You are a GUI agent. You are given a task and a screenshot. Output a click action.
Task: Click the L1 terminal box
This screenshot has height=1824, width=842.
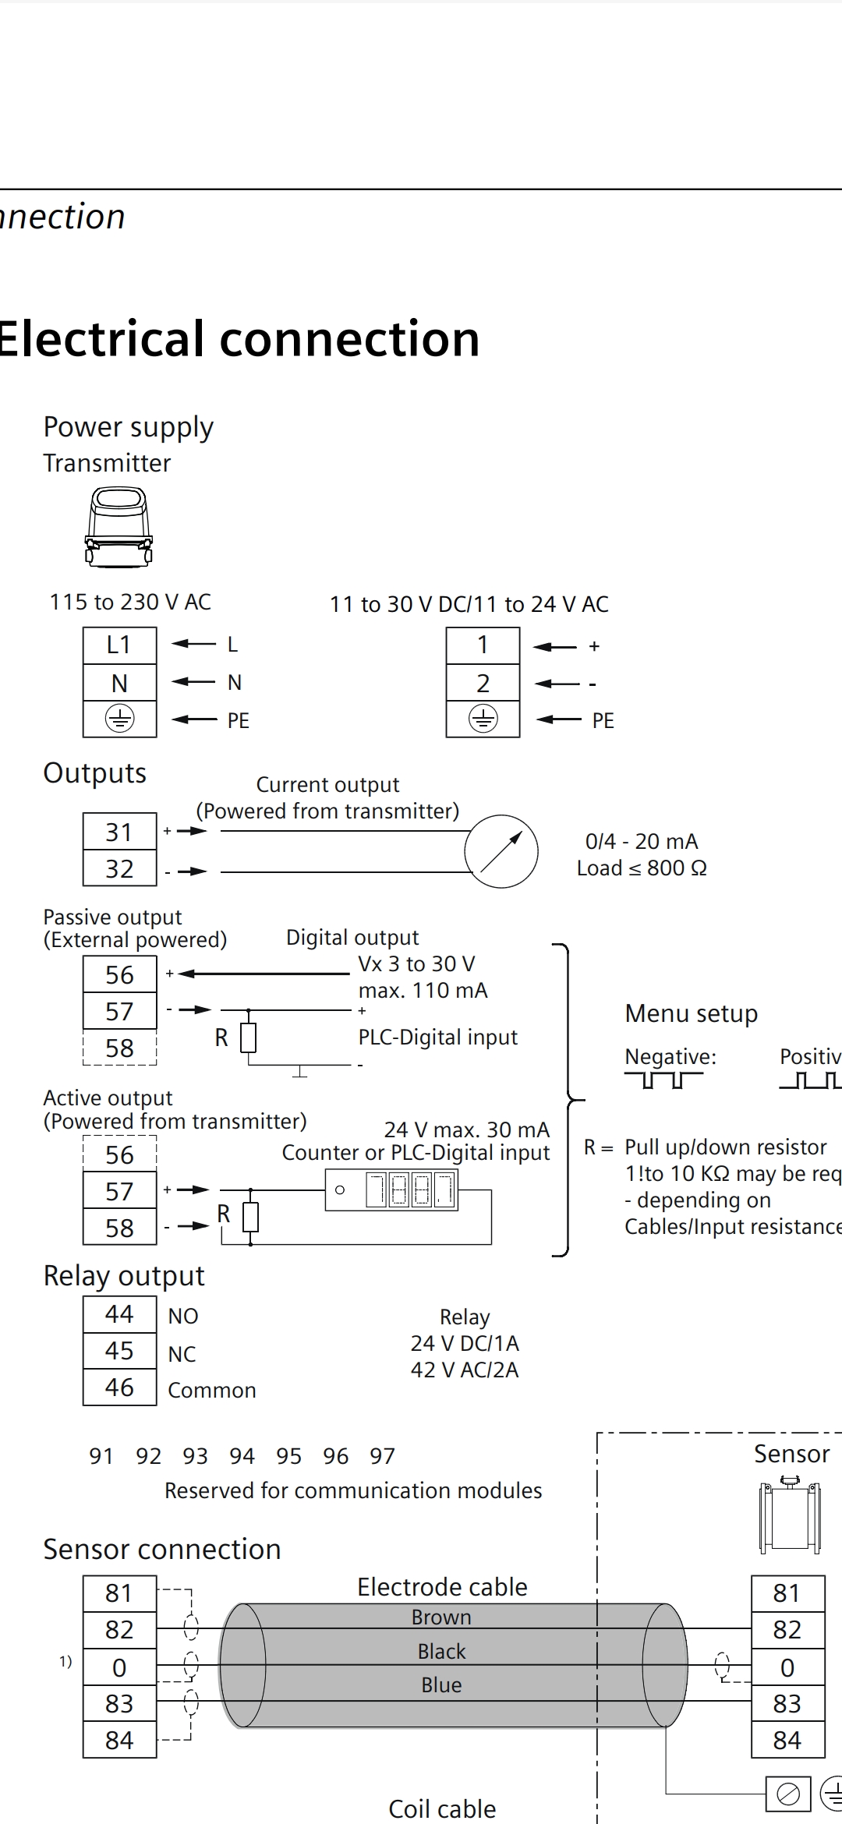(119, 645)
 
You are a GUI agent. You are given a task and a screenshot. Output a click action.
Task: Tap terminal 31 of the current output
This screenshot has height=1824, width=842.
(119, 832)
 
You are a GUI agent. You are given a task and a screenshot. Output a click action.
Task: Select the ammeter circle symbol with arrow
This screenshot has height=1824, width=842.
(501, 851)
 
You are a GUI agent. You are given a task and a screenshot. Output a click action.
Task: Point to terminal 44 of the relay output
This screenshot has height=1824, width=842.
(119, 1314)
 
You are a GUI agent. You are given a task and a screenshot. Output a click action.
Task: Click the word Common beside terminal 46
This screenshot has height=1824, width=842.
(211, 1391)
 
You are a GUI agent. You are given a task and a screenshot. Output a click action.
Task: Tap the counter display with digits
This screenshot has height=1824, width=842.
(410, 1190)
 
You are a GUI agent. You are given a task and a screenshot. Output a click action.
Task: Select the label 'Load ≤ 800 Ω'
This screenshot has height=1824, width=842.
(642, 868)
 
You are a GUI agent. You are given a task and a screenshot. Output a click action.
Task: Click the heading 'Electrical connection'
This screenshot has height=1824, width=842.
(238, 339)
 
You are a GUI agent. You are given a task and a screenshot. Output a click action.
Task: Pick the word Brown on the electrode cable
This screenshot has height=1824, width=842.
(441, 1617)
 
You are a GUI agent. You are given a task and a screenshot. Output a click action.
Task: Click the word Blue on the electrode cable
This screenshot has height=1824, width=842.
(441, 1685)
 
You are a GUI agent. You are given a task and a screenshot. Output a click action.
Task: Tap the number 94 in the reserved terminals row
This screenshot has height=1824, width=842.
(242, 1456)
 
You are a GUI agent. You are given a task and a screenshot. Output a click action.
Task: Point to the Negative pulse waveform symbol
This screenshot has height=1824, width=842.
(663, 1080)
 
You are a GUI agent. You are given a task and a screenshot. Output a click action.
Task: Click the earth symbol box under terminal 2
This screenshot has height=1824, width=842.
(483, 719)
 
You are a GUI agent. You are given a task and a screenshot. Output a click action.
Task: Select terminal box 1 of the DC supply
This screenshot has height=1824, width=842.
(483, 645)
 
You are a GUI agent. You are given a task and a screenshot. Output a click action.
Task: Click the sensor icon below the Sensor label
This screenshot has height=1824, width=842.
(790, 1515)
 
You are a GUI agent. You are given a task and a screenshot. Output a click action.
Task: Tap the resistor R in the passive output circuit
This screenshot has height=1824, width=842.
(248, 1037)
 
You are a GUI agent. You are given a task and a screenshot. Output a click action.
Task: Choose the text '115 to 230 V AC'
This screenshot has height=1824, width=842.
(130, 603)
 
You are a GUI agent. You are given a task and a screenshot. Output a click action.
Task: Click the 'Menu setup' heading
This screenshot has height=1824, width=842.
(691, 1013)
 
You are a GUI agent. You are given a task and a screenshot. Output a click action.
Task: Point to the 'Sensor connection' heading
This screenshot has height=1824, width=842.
(162, 1550)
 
